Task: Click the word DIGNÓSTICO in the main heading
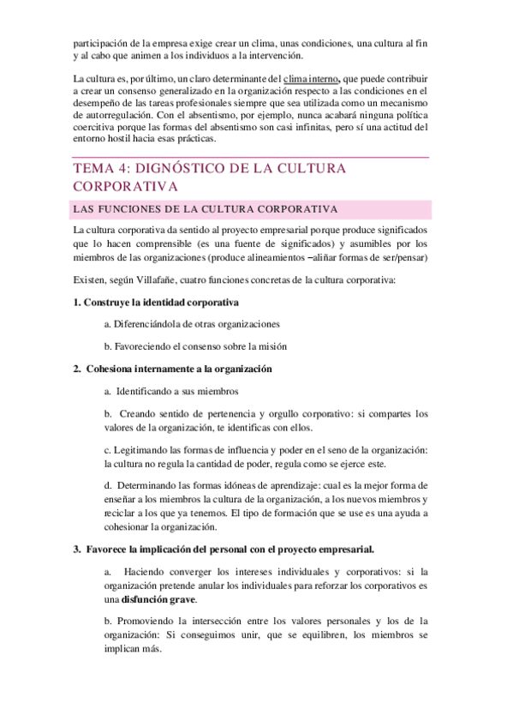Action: [x=184, y=169]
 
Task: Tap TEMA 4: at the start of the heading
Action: [x=99, y=169]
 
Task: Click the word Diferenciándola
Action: [x=152, y=324]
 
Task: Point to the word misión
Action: [x=271, y=346]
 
